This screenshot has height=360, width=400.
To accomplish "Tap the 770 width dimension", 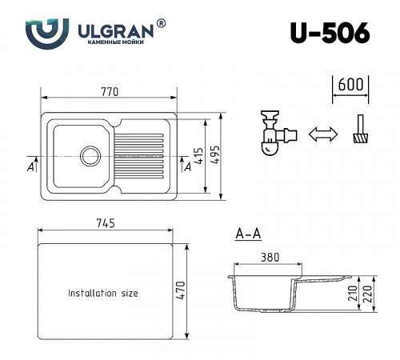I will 110,93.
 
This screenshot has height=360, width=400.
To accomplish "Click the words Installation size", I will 102,294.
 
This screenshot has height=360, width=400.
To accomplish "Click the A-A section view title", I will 248,235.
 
